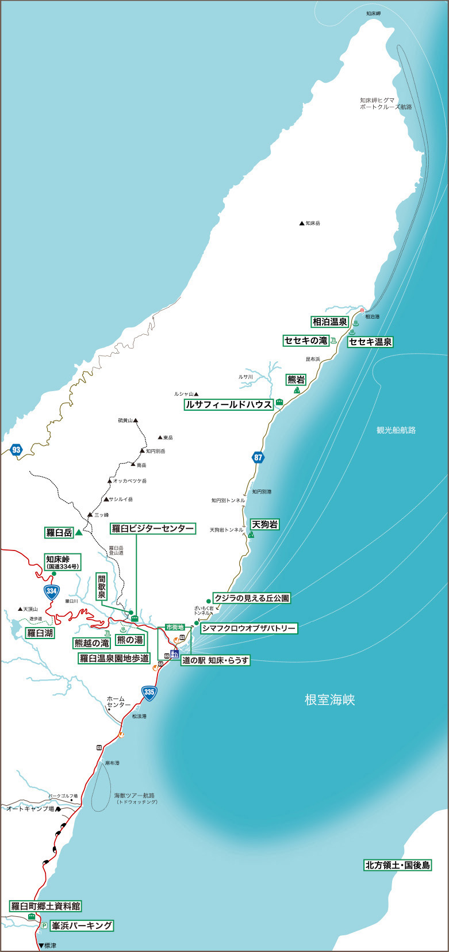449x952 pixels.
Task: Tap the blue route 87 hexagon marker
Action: click(x=258, y=458)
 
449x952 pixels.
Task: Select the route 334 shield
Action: click(x=52, y=591)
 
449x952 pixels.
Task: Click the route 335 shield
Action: click(x=149, y=691)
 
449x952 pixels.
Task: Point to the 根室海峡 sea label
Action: click(x=330, y=699)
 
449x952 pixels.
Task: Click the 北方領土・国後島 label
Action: click(x=398, y=865)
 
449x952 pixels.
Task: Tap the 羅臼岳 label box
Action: click(x=59, y=533)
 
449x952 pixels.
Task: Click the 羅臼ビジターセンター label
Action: click(x=152, y=528)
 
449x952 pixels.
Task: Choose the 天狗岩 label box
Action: click(x=264, y=524)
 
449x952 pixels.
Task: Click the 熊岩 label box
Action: click(x=296, y=380)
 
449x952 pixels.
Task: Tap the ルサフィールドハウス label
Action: click(x=228, y=404)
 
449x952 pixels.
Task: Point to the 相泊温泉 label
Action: click(x=329, y=322)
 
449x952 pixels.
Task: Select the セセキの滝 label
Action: click(x=305, y=341)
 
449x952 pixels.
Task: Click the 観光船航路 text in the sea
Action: click(x=396, y=430)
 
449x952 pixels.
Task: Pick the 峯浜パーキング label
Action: click(x=81, y=926)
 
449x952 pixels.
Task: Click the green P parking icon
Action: click(x=44, y=926)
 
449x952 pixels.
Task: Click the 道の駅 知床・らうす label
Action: click(x=216, y=660)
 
